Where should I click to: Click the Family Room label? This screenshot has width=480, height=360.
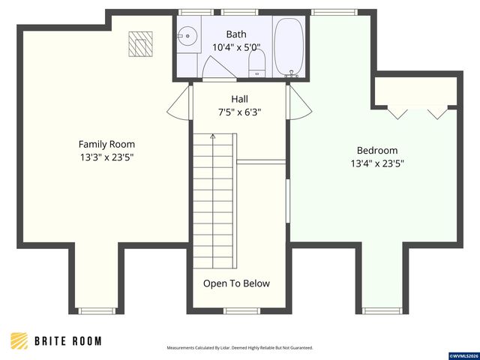click(x=106, y=144)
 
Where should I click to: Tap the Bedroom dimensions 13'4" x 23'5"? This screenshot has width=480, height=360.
click(x=377, y=163)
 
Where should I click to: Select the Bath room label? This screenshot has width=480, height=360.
click(x=236, y=34)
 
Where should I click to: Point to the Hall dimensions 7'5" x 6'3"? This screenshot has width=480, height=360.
click(x=239, y=112)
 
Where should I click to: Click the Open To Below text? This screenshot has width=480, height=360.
click(x=236, y=283)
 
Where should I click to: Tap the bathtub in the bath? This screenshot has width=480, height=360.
click(x=289, y=46)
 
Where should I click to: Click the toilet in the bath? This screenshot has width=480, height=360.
click(x=256, y=63)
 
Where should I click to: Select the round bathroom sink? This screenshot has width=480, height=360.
click(x=187, y=36)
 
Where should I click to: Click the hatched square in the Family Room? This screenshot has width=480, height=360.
click(x=140, y=44)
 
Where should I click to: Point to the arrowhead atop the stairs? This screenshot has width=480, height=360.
click(x=213, y=136)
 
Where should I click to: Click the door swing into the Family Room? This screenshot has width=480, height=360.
click(x=179, y=103)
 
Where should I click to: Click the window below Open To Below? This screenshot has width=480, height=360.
click(x=241, y=311)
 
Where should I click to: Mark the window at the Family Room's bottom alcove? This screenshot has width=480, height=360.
click(x=97, y=311)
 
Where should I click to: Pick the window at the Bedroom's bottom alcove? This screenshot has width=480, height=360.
click(x=382, y=311)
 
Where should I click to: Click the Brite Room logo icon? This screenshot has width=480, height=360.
click(x=19, y=340)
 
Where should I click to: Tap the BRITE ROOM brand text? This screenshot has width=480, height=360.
click(x=68, y=341)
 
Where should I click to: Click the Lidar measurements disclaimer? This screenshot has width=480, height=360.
click(x=240, y=348)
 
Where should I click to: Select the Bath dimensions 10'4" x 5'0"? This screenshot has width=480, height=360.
click(x=236, y=47)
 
